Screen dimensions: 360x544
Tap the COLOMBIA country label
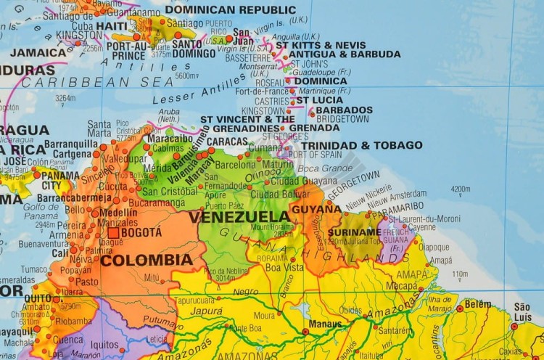[x=147, y=259]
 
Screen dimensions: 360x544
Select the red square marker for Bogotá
[x=114, y=233]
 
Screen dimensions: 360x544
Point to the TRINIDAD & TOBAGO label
[x=361, y=145]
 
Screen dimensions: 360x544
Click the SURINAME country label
[x=354, y=233]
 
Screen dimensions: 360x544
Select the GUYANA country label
[x=316, y=209]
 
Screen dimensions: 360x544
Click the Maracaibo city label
[x=170, y=138]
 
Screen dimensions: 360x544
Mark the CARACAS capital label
[x=227, y=141]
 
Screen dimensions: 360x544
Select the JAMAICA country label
[x=38, y=52]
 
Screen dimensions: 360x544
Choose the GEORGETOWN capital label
[x=354, y=185]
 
